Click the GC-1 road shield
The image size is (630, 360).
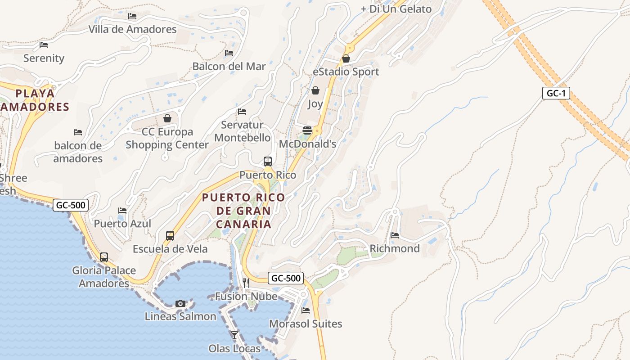click(x=556, y=94)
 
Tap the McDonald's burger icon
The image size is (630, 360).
click(x=307, y=130)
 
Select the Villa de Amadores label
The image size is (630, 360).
click(x=132, y=29)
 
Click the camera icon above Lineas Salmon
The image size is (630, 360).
click(x=180, y=303)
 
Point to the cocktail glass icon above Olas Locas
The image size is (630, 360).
click(x=234, y=335)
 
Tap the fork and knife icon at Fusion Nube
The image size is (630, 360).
click(x=246, y=283)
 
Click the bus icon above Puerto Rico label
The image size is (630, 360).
click(x=267, y=161)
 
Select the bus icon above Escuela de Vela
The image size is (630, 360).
click(x=170, y=235)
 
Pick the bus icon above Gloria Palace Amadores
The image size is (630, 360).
click(x=104, y=257)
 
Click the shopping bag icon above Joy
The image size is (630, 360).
click(x=315, y=90)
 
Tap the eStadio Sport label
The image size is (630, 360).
click(x=346, y=72)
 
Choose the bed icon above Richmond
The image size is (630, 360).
click(x=395, y=235)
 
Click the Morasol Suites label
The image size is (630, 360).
click(x=306, y=324)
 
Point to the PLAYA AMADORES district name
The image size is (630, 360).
click(x=35, y=100)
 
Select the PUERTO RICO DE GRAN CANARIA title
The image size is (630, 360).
click(x=243, y=211)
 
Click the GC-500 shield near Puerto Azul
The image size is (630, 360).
click(x=71, y=206)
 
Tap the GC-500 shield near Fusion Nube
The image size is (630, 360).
click(x=286, y=278)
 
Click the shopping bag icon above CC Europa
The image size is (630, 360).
click(x=167, y=118)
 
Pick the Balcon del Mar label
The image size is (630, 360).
click(x=229, y=66)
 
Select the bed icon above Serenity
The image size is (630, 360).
click(x=44, y=45)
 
